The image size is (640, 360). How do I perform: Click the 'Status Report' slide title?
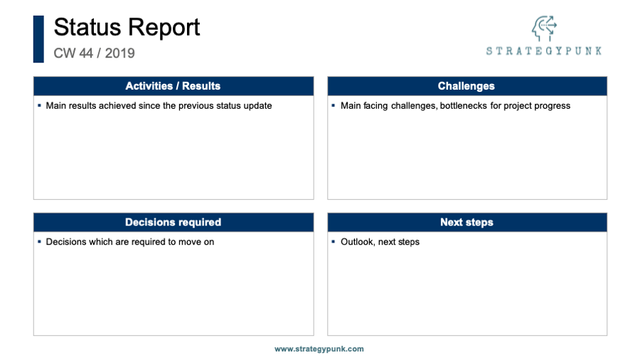[x=127, y=28]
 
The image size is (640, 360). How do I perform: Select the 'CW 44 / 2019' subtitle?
[x=95, y=53]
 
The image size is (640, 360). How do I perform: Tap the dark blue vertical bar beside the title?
[x=38, y=39]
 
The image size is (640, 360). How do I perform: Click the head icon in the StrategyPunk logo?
[x=544, y=28]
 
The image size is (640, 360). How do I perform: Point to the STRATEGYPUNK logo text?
[x=544, y=51]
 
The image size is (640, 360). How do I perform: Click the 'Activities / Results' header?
[x=173, y=86]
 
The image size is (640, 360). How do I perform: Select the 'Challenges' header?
[x=466, y=86]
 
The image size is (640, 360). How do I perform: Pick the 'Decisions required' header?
[x=173, y=222]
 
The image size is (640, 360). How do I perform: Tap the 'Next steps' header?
[x=466, y=222]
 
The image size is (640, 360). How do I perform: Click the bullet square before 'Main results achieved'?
[x=39, y=105]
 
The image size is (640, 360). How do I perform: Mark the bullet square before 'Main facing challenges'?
[x=333, y=105]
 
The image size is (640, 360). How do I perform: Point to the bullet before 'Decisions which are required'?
[x=39, y=242]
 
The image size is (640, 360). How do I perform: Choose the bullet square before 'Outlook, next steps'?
[x=333, y=242]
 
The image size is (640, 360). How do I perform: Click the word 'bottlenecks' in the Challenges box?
[x=463, y=106]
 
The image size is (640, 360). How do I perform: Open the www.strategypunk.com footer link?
[x=319, y=349]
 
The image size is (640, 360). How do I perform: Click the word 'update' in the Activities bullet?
[x=257, y=106]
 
